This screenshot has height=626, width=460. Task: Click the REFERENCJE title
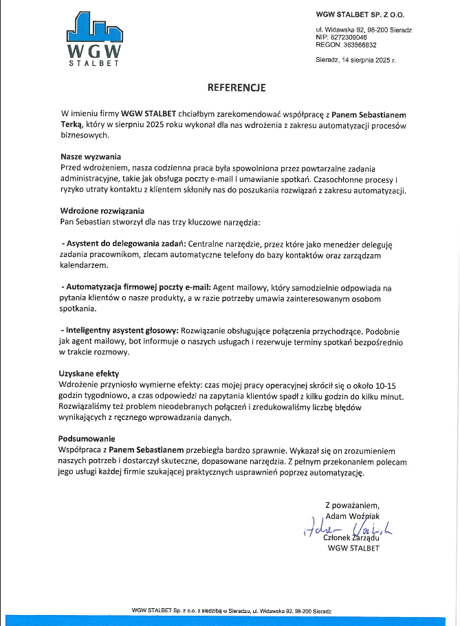(x=237, y=88)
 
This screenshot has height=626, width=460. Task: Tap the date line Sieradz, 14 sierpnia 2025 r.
(x=355, y=60)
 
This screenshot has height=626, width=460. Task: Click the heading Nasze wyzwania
(x=91, y=156)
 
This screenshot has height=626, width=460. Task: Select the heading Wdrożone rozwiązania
(x=102, y=210)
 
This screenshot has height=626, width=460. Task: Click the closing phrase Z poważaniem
(x=352, y=505)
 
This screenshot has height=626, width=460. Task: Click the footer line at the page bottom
(x=232, y=610)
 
